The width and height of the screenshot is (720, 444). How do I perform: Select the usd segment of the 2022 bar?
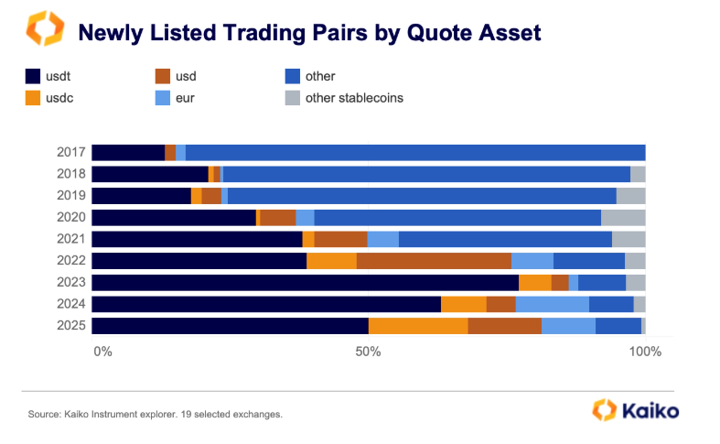434,261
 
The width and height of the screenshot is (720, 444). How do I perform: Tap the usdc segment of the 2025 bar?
418,326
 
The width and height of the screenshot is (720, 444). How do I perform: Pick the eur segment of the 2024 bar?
553,304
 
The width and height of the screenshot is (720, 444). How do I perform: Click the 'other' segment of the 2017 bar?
415,152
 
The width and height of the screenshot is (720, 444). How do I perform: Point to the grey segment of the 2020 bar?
623,217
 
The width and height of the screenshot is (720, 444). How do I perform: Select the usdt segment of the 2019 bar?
141,195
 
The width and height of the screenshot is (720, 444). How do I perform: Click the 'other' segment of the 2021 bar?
505,239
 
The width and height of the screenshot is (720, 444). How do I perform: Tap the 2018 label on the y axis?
71,174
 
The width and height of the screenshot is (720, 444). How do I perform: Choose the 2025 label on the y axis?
71,326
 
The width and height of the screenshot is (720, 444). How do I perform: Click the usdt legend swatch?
33,77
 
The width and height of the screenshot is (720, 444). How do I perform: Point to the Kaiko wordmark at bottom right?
650,411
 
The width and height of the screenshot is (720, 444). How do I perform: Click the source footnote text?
155,415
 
